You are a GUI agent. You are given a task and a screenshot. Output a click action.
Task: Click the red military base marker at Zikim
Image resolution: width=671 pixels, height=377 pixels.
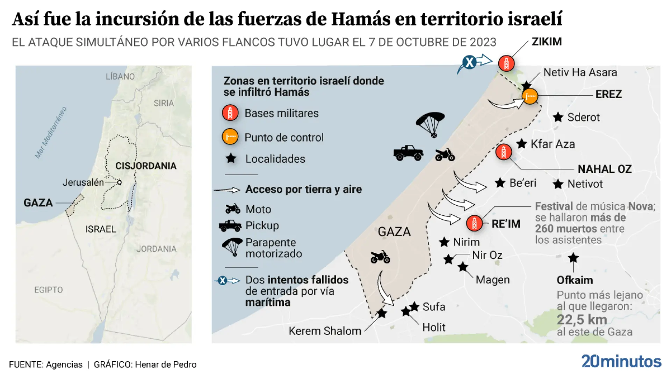(x=506, y=64)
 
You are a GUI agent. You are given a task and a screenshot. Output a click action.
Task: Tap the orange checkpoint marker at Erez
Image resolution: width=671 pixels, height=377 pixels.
(x=530, y=96)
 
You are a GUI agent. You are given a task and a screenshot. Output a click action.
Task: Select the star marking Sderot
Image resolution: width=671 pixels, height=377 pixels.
(x=558, y=117)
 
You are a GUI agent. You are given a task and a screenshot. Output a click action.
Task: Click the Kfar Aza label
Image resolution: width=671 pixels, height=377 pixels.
(x=553, y=144)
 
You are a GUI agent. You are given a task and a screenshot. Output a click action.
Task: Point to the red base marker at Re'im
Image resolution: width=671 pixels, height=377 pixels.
(x=474, y=223)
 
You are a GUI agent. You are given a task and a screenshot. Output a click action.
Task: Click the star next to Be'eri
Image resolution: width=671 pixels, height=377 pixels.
(x=500, y=183)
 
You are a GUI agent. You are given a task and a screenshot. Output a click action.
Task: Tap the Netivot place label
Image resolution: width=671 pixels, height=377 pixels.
(x=585, y=184)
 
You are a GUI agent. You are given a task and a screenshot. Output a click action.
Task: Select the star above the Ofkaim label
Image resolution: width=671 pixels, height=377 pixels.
(x=573, y=258)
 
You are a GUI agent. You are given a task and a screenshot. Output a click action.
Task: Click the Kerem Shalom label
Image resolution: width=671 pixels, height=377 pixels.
(x=325, y=331)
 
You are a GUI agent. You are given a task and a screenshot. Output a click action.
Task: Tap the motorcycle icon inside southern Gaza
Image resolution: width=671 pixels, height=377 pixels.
(x=380, y=257)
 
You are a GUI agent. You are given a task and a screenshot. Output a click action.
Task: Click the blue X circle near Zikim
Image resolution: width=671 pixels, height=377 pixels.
(x=469, y=62)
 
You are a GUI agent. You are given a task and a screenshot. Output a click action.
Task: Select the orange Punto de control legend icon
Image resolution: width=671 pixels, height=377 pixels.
(x=230, y=137)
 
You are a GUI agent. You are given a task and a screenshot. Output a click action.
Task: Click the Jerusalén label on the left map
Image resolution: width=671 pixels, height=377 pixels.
(x=83, y=182)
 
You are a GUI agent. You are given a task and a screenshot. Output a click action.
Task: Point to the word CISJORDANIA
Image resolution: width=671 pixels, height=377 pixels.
(x=146, y=166)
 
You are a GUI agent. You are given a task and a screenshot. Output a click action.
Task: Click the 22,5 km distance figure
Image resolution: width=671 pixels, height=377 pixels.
(x=582, y=319)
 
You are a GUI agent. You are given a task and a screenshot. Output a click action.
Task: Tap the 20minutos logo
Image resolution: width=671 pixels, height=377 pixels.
(x=621, y=361)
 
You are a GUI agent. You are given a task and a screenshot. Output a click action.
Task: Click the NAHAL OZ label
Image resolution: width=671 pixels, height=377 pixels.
(x=604, y=169)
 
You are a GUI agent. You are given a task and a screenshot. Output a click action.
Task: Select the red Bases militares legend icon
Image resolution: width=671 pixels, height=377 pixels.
(x=230, y=113)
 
